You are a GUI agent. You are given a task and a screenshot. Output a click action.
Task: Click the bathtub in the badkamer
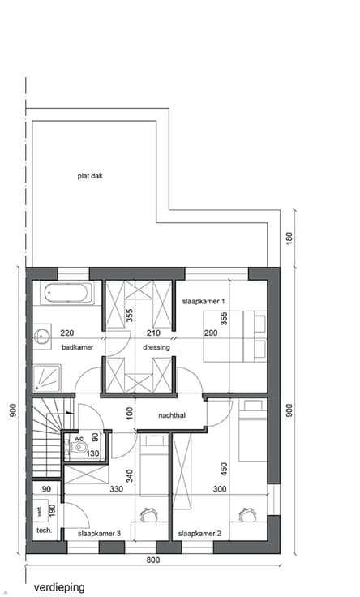[x=67, y=293]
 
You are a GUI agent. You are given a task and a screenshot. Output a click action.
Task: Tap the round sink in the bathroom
[x=41, y=336]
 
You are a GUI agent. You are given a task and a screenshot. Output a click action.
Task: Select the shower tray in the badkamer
[x=46, y=378]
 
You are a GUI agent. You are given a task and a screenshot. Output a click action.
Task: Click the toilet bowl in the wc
[x=79, y=447]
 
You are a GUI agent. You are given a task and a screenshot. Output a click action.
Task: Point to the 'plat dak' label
[x=90, y=176]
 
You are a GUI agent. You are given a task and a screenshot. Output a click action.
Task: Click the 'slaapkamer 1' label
[x=204, y=301]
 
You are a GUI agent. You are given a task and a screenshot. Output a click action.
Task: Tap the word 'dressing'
[x=156, y=347]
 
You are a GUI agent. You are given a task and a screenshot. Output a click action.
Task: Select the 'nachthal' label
[x=172, y=415]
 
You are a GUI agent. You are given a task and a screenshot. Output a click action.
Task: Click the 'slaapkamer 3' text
[x=99, y=534]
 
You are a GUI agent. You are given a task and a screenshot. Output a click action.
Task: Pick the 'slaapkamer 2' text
[x=199, y=534]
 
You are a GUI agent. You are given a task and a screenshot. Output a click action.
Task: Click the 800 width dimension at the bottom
[x=153, y=560]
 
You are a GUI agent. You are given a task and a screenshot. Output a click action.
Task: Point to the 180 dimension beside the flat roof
[x=289, y=238]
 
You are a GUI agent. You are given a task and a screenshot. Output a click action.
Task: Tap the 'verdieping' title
[x=59, y=587]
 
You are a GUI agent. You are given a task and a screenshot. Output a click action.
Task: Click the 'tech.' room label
[x=44, y=530]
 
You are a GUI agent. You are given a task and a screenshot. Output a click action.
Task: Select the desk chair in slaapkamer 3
[x=149, y=514]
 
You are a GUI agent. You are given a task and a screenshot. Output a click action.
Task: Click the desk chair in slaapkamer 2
[x=247, y=514]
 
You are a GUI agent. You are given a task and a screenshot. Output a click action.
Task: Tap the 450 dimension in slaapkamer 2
[x=224, y=469]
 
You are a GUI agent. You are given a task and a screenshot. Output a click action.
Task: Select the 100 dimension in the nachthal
[x=130, y=414]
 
